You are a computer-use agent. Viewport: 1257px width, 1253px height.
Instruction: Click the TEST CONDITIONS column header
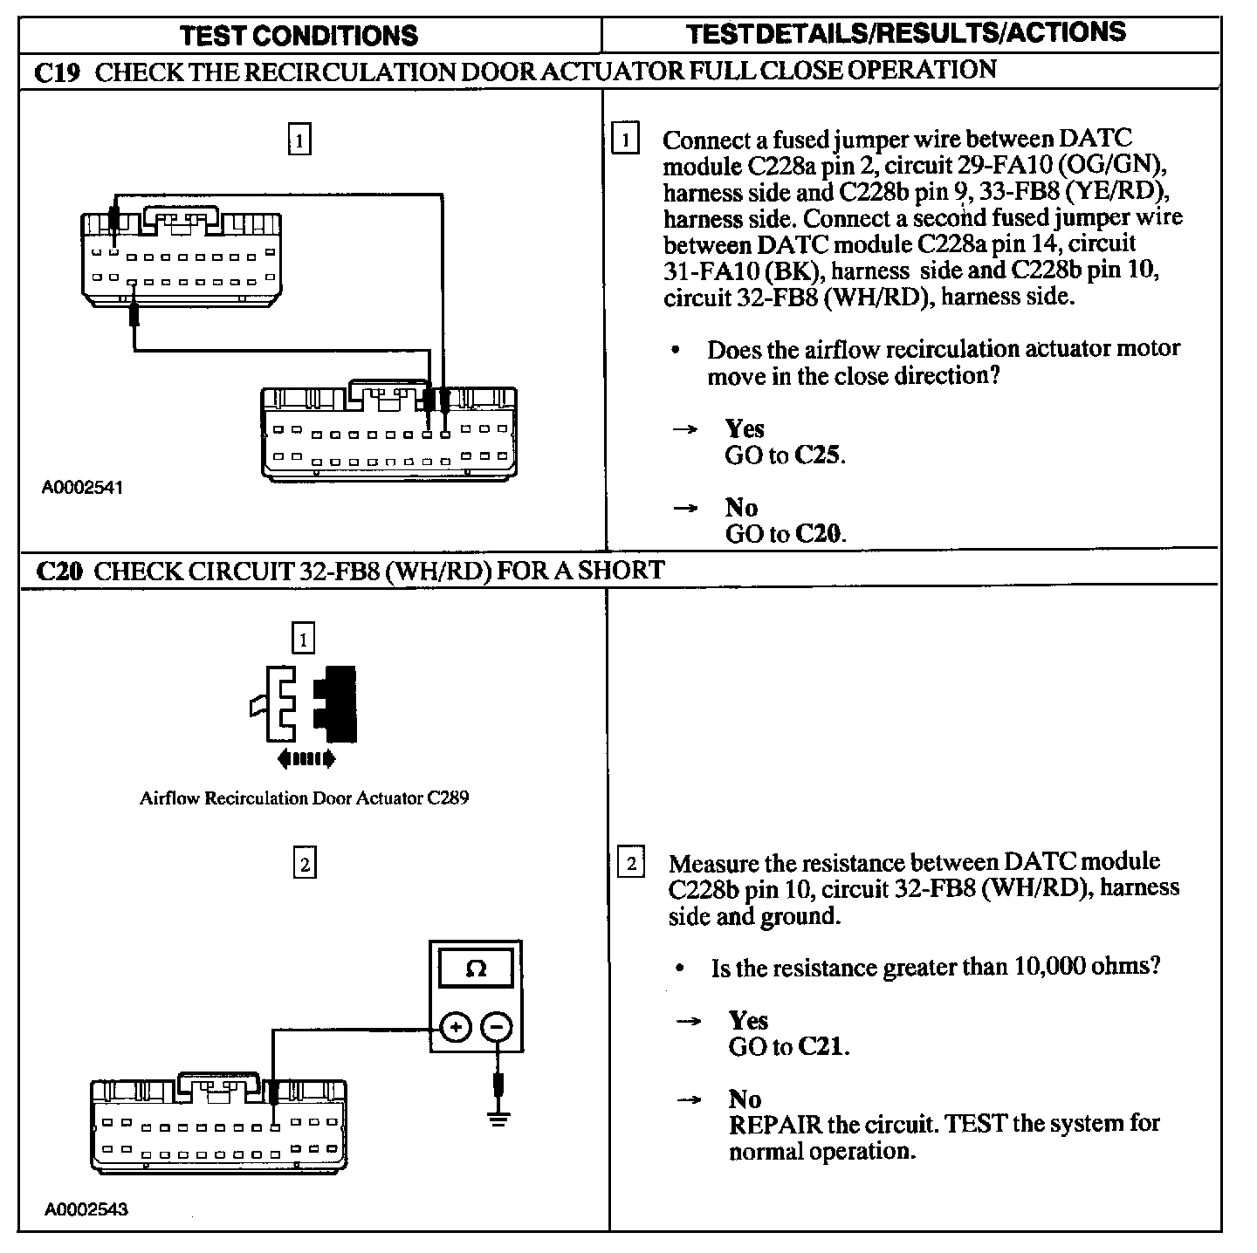click(299, 35)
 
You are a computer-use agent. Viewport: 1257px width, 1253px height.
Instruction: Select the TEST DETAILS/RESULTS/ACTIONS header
click(906, 33)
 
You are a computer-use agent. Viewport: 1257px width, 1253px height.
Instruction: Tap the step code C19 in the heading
click(58, 72)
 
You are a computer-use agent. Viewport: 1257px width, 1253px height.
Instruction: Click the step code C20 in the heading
click(59, 572)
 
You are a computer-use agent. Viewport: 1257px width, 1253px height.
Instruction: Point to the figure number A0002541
click(83, 487)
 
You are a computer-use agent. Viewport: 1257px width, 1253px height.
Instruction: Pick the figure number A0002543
click(86, 1208)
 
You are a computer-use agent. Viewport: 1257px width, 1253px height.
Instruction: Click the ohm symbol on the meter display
click(476, 969)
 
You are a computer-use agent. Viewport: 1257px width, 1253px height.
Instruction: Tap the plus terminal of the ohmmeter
click(455, 1027)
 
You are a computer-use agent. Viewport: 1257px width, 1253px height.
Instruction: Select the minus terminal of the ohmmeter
click(497, 1027)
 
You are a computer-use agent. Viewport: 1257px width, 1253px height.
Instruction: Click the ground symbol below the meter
click(498, 1118)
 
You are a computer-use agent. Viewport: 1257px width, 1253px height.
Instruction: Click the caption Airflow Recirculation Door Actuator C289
click(304, 798)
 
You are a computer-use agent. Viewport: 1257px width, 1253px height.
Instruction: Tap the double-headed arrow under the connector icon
click(306, 760)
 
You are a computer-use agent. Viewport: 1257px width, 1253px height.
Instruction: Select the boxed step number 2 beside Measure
click(630, 864)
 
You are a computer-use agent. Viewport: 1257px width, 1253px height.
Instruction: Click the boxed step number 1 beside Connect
click(625, 140)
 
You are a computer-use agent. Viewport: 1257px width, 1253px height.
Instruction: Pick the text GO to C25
click(785, 455)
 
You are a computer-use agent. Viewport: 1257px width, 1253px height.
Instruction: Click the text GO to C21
click(788, 1046)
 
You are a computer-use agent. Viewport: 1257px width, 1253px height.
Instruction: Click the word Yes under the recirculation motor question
click(744, 428)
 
